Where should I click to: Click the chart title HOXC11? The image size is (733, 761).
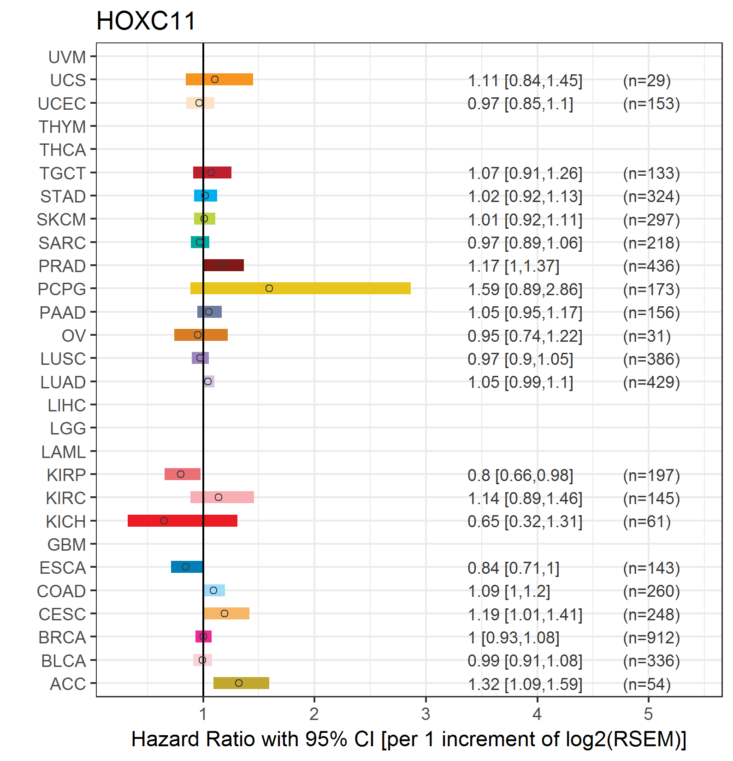coord(146,21)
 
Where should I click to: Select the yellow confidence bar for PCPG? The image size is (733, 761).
coord(301,288)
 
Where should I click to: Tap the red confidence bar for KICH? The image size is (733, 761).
coord(183,521)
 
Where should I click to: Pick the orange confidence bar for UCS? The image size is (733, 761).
coord(219,79)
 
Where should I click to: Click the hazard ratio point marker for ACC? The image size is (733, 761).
coord(239,683)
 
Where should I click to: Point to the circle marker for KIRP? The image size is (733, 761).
coord(181,474)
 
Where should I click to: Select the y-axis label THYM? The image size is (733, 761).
coord(62,127)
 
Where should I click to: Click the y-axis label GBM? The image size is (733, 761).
coord(67,545)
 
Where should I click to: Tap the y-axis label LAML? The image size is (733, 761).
coord(64,452)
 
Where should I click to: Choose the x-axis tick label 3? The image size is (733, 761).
coord(426,714)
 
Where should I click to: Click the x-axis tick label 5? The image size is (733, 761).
coord(648,714)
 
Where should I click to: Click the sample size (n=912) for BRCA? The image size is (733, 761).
coord(651,637)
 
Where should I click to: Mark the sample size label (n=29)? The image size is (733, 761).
coord(647,80)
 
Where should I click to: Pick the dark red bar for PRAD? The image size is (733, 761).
coord(224,265)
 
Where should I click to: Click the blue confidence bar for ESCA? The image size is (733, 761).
coord(187,567)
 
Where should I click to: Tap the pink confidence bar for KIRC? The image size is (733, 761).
coord(222,497)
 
